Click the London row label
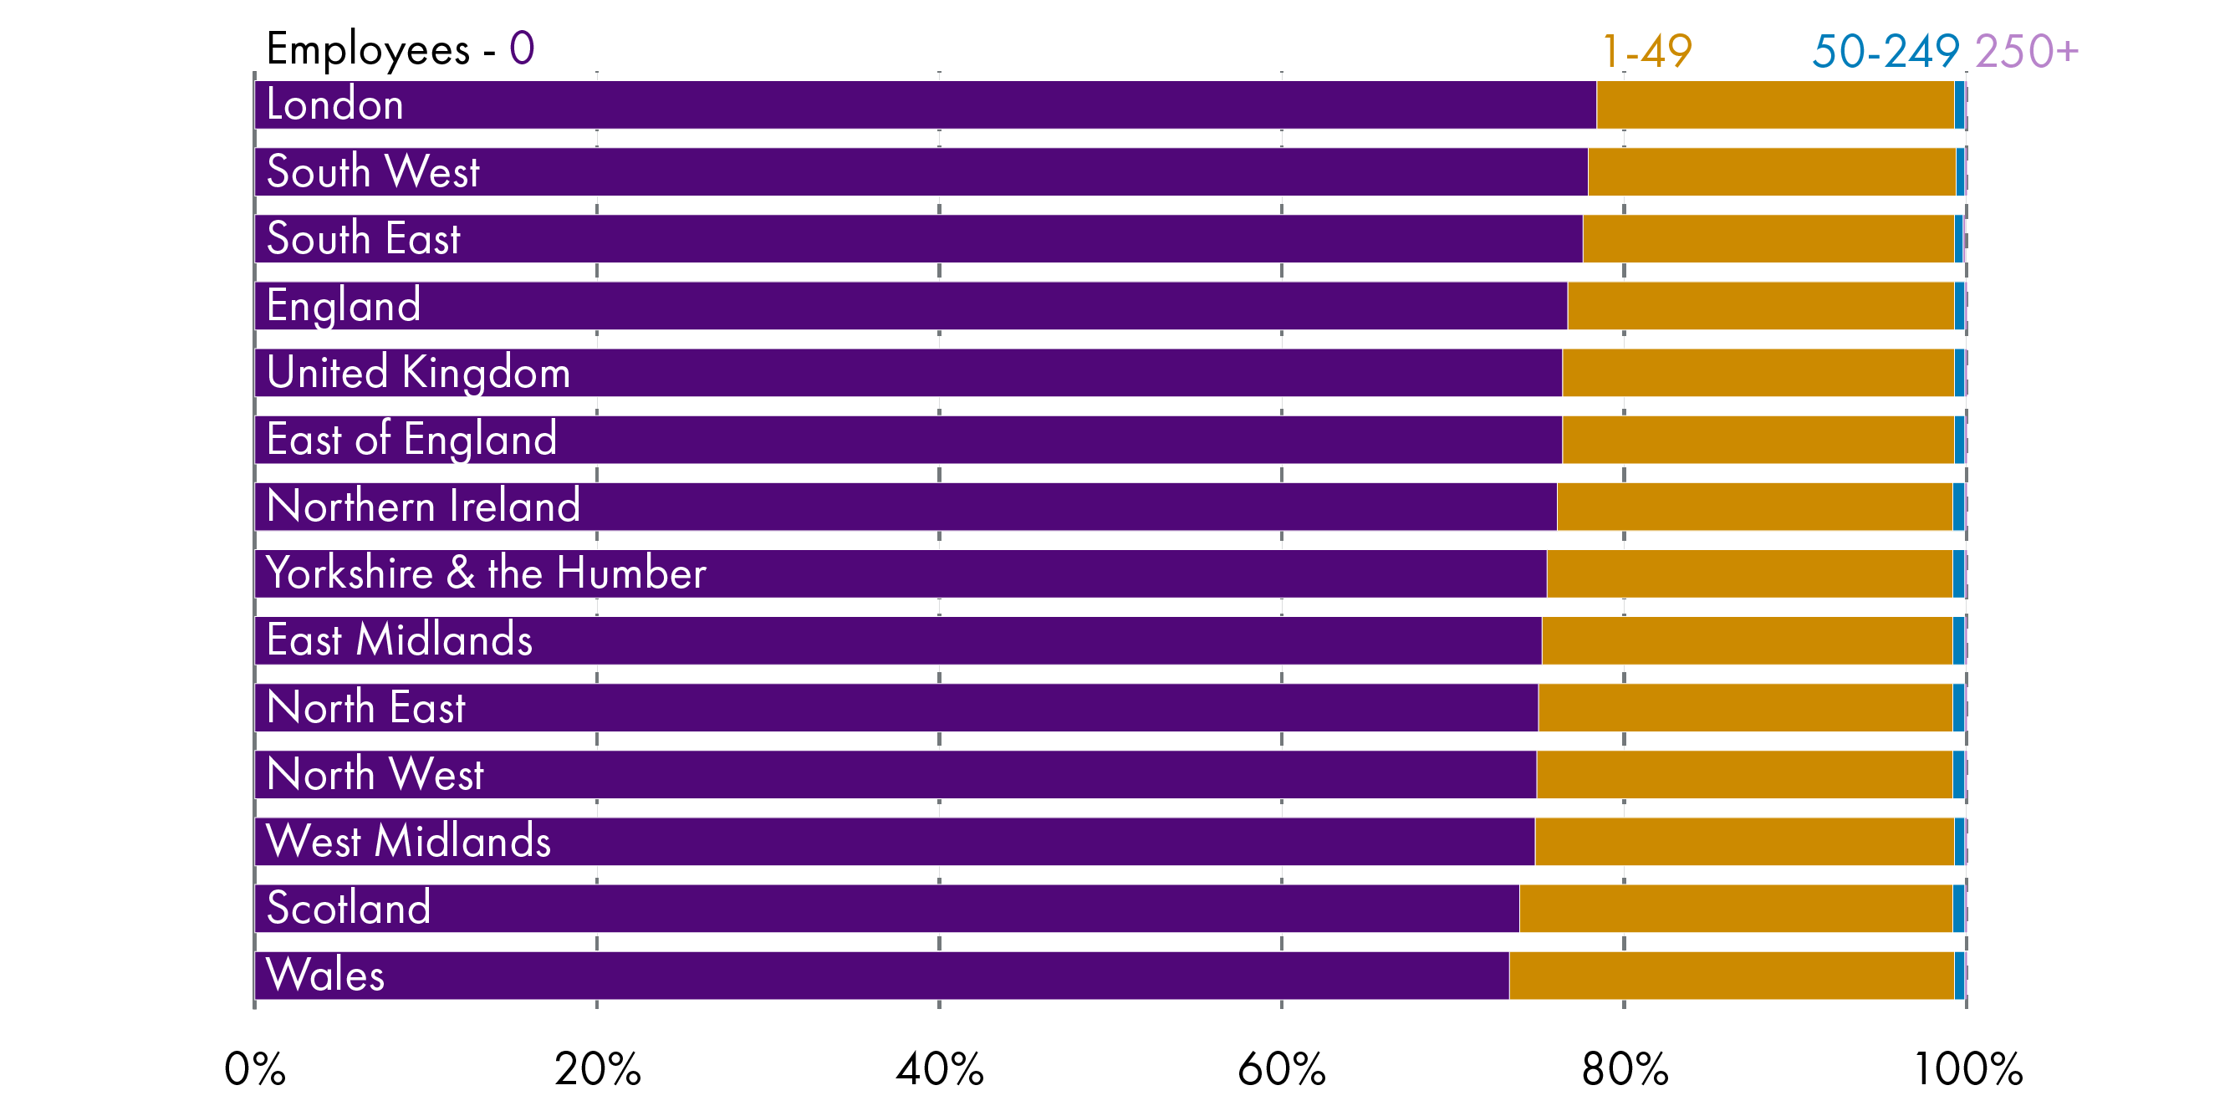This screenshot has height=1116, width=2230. coord(334,104)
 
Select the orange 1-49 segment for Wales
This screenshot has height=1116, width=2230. coord(1731,975)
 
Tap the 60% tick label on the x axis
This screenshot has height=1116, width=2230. coord(1281,1069)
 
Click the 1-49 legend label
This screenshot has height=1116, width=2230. coord(1646,51)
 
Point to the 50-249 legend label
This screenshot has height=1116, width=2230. coord(1886,51)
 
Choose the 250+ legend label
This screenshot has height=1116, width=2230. coord(2026,51)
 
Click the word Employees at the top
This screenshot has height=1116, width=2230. coord(368,49)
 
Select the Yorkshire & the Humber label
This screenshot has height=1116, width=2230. coord(486,573)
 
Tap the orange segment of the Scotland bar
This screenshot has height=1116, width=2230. coord(1735,908)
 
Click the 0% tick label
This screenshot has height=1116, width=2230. coord(254,1069)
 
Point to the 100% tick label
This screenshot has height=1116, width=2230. coord(1967,1069)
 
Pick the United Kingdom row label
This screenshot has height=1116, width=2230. coord(418,372)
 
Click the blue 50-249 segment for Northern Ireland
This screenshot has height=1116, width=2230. coord(1958,507)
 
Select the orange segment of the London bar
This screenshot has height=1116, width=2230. coord(1774,104)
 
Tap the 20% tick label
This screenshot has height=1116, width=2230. coord(597,1069)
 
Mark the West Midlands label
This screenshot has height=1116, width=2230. coord(408,841)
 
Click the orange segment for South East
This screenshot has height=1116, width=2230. coord(1768,239)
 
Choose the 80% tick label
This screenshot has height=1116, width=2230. coord(1624,1069)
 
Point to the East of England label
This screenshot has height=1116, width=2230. coord(411,439)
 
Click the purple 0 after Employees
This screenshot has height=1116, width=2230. coord(521,48)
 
